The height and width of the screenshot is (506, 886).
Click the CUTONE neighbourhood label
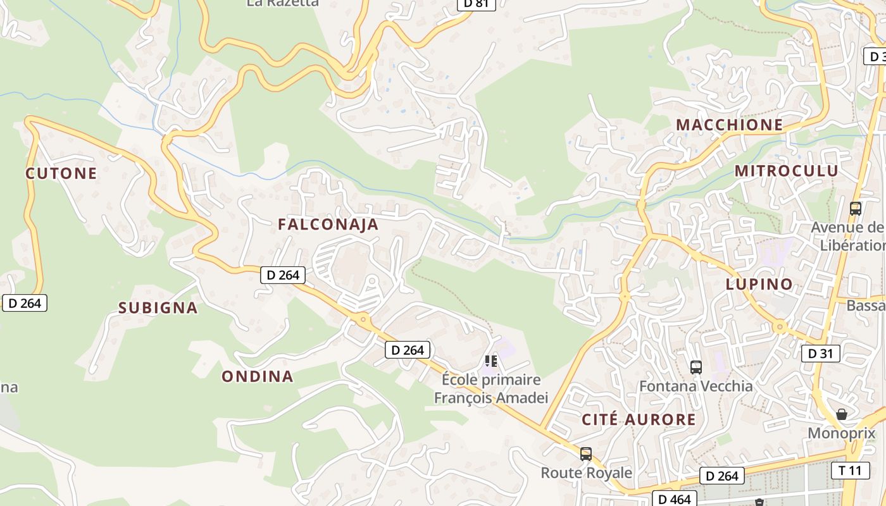[x=61, y=173]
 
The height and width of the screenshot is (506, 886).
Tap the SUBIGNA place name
[x=158, y=308]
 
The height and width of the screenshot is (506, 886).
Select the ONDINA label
[x=258, y=376]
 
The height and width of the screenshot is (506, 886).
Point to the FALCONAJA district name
[x=328, y=225]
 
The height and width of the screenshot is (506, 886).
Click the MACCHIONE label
[x=730, y=125]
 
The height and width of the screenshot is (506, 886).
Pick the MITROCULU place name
[x=786, y=171]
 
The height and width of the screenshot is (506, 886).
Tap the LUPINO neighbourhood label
[x=759, y=285]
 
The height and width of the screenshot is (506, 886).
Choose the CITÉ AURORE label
[x=639, y=419]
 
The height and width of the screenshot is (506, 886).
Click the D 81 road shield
[x=476, y=3]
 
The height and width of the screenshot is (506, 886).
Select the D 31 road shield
[x=821, y=354]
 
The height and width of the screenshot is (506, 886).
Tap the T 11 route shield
[x=850, y=470]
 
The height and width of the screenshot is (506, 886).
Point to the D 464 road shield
[x=674, y=499]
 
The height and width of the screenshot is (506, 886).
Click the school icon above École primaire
[x=490, y=361]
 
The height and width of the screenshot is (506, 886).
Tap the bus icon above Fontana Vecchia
[x=696, y=367]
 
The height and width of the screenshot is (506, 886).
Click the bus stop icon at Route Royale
[x=586, y=454]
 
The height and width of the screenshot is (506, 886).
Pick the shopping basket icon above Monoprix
[x=842, y=414]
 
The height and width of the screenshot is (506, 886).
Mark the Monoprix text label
[x=842, y=433]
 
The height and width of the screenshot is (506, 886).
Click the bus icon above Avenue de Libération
[x=856, y=208]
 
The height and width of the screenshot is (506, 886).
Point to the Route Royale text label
[x=586, y=472]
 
